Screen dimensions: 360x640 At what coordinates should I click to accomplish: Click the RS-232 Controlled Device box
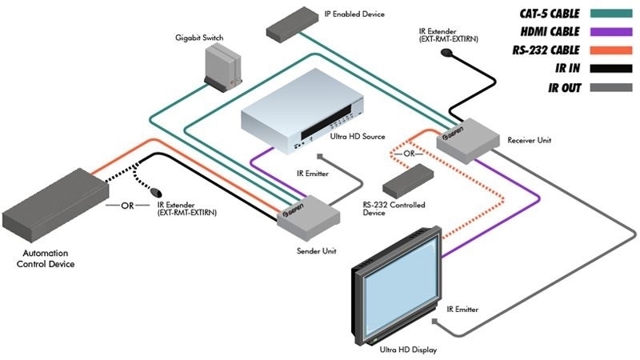click(406, 183)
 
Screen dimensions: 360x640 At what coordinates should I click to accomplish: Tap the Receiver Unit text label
click(529, 141)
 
